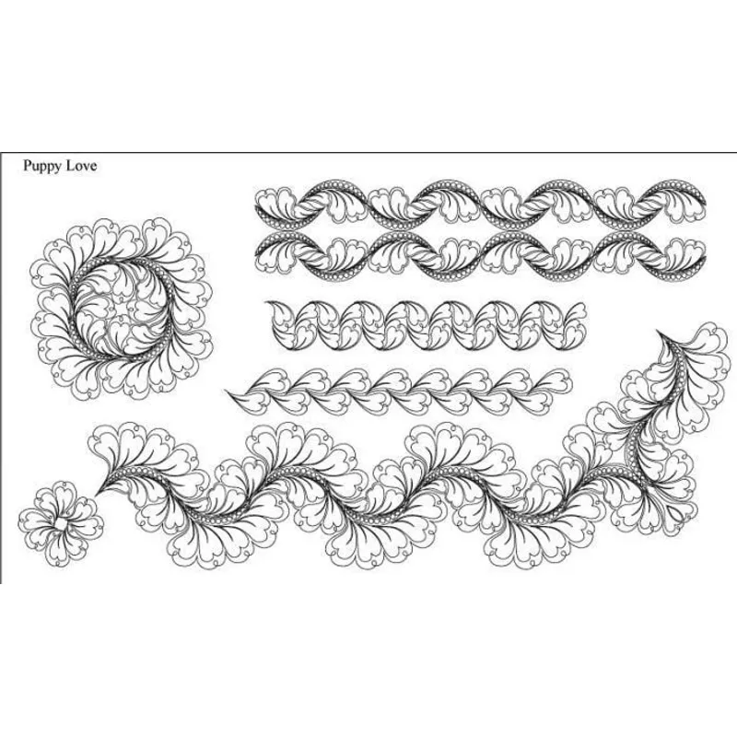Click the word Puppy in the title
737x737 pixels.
click(x=43, y=167)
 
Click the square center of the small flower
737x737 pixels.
click(x=59, y=523)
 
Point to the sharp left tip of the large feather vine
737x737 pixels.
click(x=97, y=495)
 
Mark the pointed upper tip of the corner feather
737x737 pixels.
click(x=659, y=333)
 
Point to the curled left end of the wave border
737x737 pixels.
click(x=275, y=310)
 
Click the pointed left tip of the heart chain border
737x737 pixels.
click(x=227, y=391)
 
